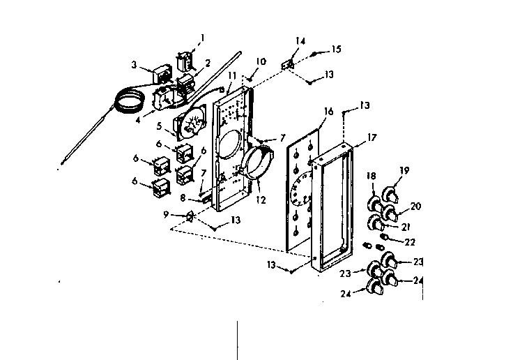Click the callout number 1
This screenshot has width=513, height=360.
203,37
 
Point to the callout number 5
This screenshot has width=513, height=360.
159,126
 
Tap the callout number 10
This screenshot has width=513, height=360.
260,61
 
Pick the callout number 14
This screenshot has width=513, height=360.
300,42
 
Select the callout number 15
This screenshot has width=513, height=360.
337,50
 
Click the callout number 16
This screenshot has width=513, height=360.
328,111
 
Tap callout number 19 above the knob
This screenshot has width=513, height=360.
403,170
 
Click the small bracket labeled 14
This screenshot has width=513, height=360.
286,65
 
